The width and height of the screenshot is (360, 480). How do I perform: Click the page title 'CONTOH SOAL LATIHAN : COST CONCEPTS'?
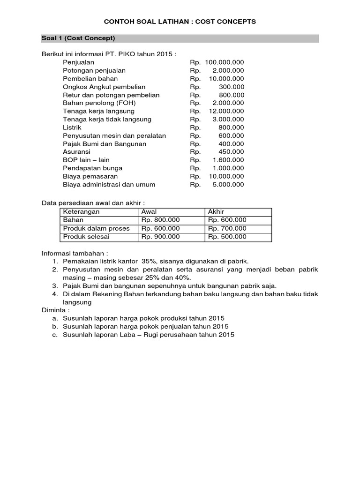pos(180,22)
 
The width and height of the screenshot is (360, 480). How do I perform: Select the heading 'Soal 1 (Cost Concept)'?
pos(78,38)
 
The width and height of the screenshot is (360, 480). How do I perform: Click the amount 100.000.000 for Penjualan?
pos(224,62)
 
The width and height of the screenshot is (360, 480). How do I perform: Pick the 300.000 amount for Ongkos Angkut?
pos(231,87)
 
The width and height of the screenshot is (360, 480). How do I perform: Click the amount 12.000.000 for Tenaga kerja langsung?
pos(226,111)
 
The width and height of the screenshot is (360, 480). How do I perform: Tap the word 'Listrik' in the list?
pos(72,127)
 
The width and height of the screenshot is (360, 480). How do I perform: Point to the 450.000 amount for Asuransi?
pos(231,152)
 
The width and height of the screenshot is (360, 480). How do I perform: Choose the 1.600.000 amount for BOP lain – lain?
pos(228,160)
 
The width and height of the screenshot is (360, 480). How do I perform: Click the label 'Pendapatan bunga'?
pos(93,168)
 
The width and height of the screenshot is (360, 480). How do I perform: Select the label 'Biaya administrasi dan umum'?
pos(109,184)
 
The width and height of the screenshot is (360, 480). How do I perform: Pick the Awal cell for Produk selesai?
pos(160,237)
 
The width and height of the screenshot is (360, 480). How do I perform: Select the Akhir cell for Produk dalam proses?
pos(227,228)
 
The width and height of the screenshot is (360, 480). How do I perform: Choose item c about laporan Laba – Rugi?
pos(148,335)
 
